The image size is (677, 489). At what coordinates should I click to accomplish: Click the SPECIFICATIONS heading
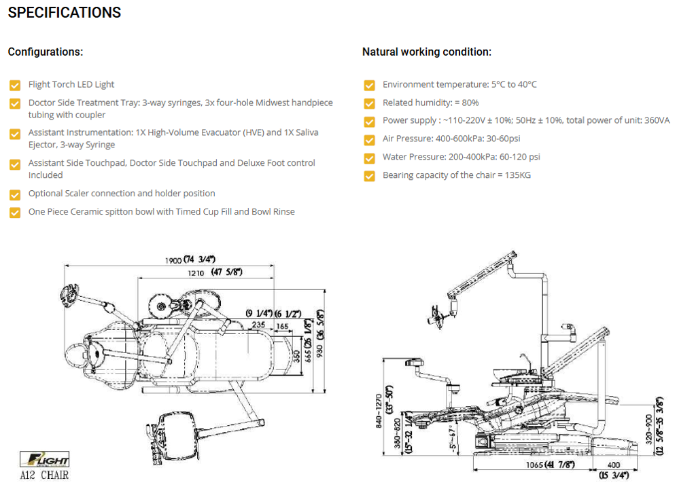65,13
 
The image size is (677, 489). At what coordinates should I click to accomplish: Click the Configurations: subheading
46,52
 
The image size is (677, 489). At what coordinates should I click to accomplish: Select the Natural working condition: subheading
426,52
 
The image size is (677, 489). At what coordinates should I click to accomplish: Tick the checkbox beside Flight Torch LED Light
15,85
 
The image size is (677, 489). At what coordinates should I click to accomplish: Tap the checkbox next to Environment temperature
369,85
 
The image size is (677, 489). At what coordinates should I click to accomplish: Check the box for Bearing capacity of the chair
369,176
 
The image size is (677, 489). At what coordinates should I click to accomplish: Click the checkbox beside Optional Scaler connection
15,194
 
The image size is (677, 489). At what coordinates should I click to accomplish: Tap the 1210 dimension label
196,272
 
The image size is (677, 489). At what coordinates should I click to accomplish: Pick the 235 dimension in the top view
258,325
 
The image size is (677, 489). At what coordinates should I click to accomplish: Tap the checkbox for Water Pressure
369,158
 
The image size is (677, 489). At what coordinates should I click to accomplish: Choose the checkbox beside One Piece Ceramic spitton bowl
15,213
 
